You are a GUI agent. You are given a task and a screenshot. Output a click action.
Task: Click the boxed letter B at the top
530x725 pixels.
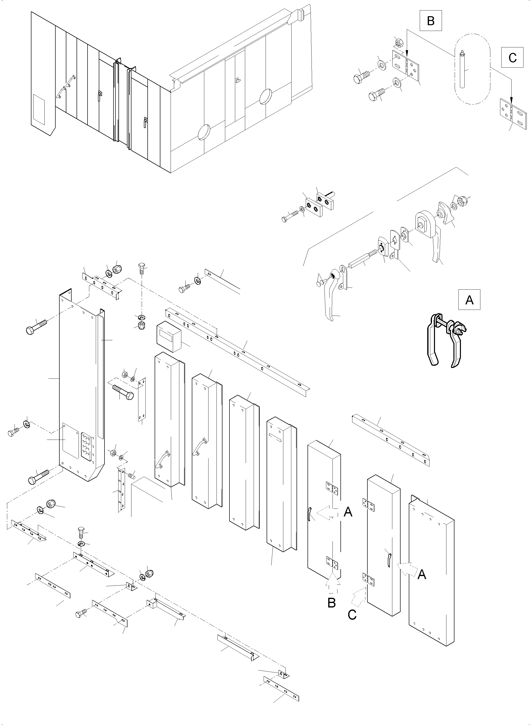point(430,21)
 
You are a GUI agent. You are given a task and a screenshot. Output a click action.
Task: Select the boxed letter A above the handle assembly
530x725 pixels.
point(469,300)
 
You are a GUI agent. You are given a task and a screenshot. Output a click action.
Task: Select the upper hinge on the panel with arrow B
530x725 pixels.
point(332,488)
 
